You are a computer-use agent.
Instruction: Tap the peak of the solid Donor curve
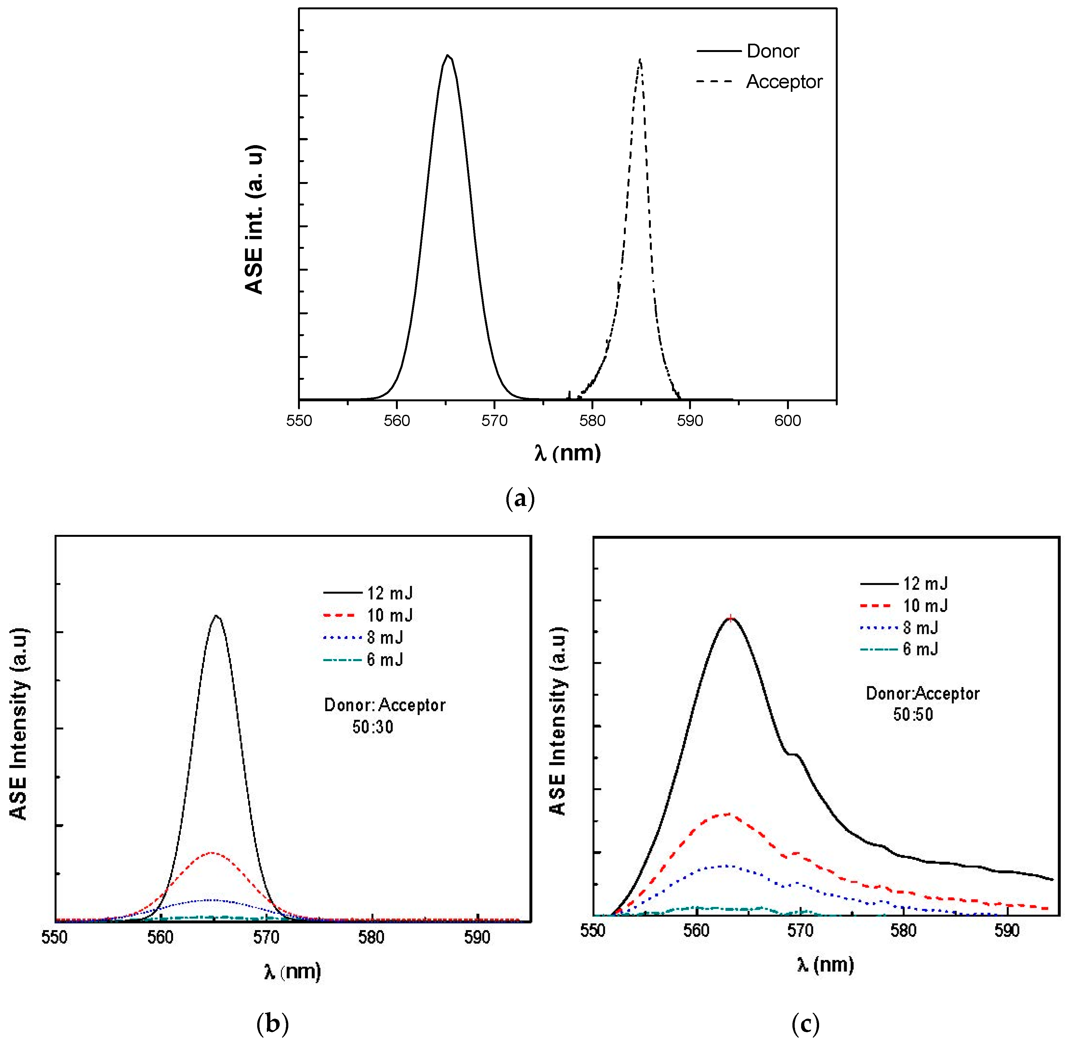pyautogui.click(x=448, y=56)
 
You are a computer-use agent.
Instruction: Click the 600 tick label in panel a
pyautogui.click(x=787, y=421)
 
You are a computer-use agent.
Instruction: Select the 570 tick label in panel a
pyautogui.click(x=494, y=421)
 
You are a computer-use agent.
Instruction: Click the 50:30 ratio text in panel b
pyautogui.click(x=373, y=727)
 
